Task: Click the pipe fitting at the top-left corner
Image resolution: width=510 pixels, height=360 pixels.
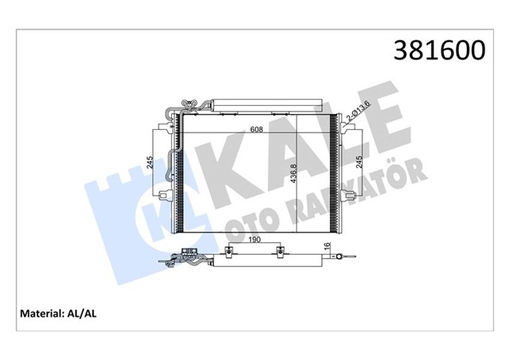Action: [x=188, y=104]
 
